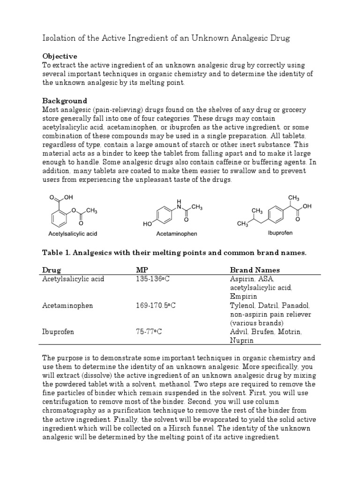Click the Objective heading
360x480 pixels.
pos(60,56)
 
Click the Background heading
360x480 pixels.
pos(65,101)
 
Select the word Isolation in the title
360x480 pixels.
pos(59,38)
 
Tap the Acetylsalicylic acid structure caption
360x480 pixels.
pos(73,233)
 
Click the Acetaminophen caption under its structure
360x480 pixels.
pos(176,233)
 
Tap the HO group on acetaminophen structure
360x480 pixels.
pos(147,225)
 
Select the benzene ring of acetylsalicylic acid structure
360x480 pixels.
pos(58,216)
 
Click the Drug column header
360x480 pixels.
pos(52,270)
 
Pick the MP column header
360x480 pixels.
pos(142,270)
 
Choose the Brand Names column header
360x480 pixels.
pos(255,270)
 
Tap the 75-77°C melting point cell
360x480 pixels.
pos(149,332)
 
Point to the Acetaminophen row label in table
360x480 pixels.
pos(67,306)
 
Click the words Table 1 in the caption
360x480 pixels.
pos(55,253)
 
